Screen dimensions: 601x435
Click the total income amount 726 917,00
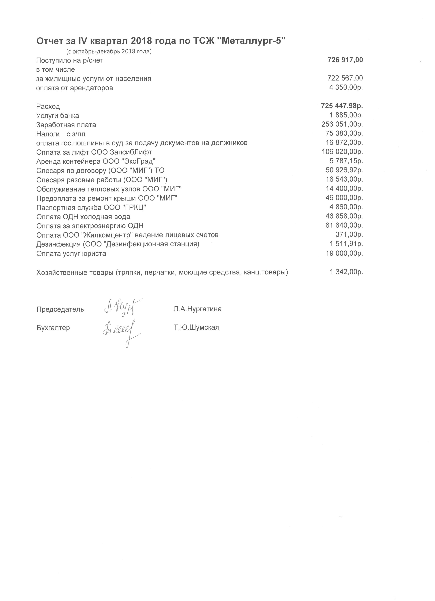345,60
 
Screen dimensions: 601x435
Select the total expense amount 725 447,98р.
342,106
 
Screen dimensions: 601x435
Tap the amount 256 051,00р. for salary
342,124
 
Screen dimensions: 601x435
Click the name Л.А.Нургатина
198,309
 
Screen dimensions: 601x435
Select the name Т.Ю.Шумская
196,327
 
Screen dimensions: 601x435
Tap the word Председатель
60,309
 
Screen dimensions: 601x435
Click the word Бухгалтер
53,328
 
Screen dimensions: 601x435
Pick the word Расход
48,107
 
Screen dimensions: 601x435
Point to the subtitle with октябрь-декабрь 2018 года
109,51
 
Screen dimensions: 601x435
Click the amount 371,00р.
349,234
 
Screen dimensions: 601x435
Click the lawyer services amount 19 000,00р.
344,253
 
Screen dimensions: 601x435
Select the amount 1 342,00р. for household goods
346,272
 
